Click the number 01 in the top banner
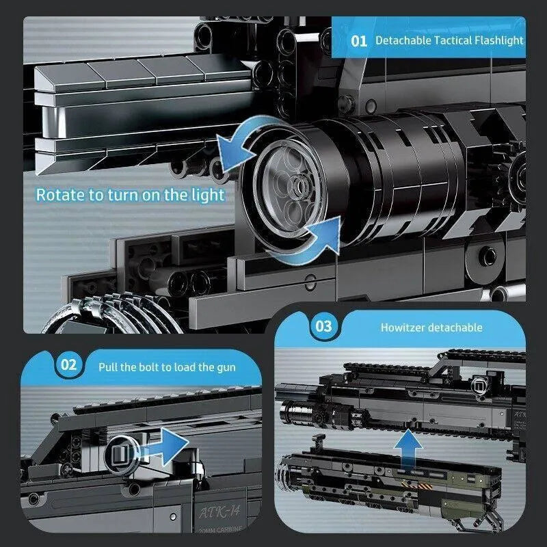pyautogui.click(x=358, y=41)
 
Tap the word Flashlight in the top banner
pyautogui.click(x=499, y=40)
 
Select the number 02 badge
pyautogui.click(x=68, y=365)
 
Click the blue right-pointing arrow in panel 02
pyautogui.click(x=164, y=447)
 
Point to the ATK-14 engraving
pyautogui.click(x=220, y=511)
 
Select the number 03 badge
pyautogui.click(x=323, y=326)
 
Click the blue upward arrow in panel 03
pyautogui.click(x=408, y=450)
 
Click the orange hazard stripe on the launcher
pyautogui.click(x=417, y=485)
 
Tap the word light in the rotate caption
pyautogui.click(x=208, y=196)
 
